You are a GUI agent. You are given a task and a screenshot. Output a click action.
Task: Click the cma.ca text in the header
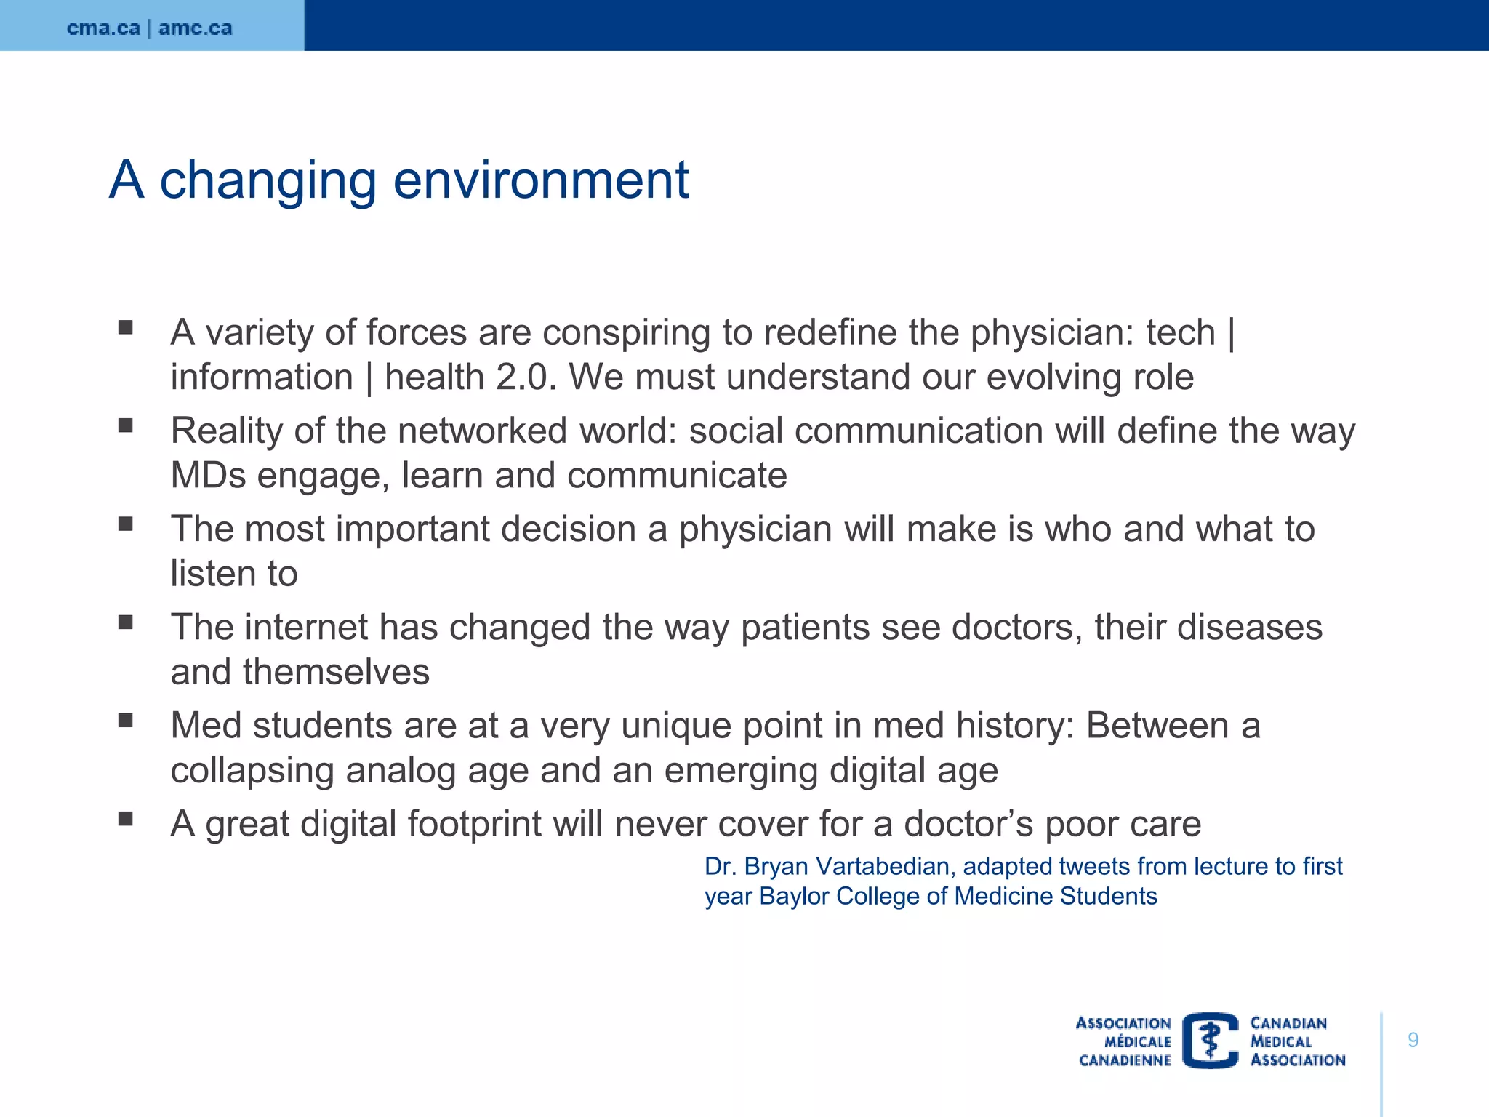click(103, 28)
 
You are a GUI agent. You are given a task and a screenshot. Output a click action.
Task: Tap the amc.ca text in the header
click(196, 28)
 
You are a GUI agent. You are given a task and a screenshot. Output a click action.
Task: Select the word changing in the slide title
click(268, 182)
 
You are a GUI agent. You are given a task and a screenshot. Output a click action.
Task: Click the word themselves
click(336, 672)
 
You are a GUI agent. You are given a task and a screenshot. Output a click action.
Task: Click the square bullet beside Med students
click(126, 720)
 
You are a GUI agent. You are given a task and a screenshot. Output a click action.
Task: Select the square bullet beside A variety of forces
click(126, 327)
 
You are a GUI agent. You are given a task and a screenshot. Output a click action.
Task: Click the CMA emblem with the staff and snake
click(1210, 1041)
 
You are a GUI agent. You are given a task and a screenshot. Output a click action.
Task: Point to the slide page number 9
click(1413, 1040)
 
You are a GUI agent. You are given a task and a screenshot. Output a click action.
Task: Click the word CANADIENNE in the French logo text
click(1125, 1060)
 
